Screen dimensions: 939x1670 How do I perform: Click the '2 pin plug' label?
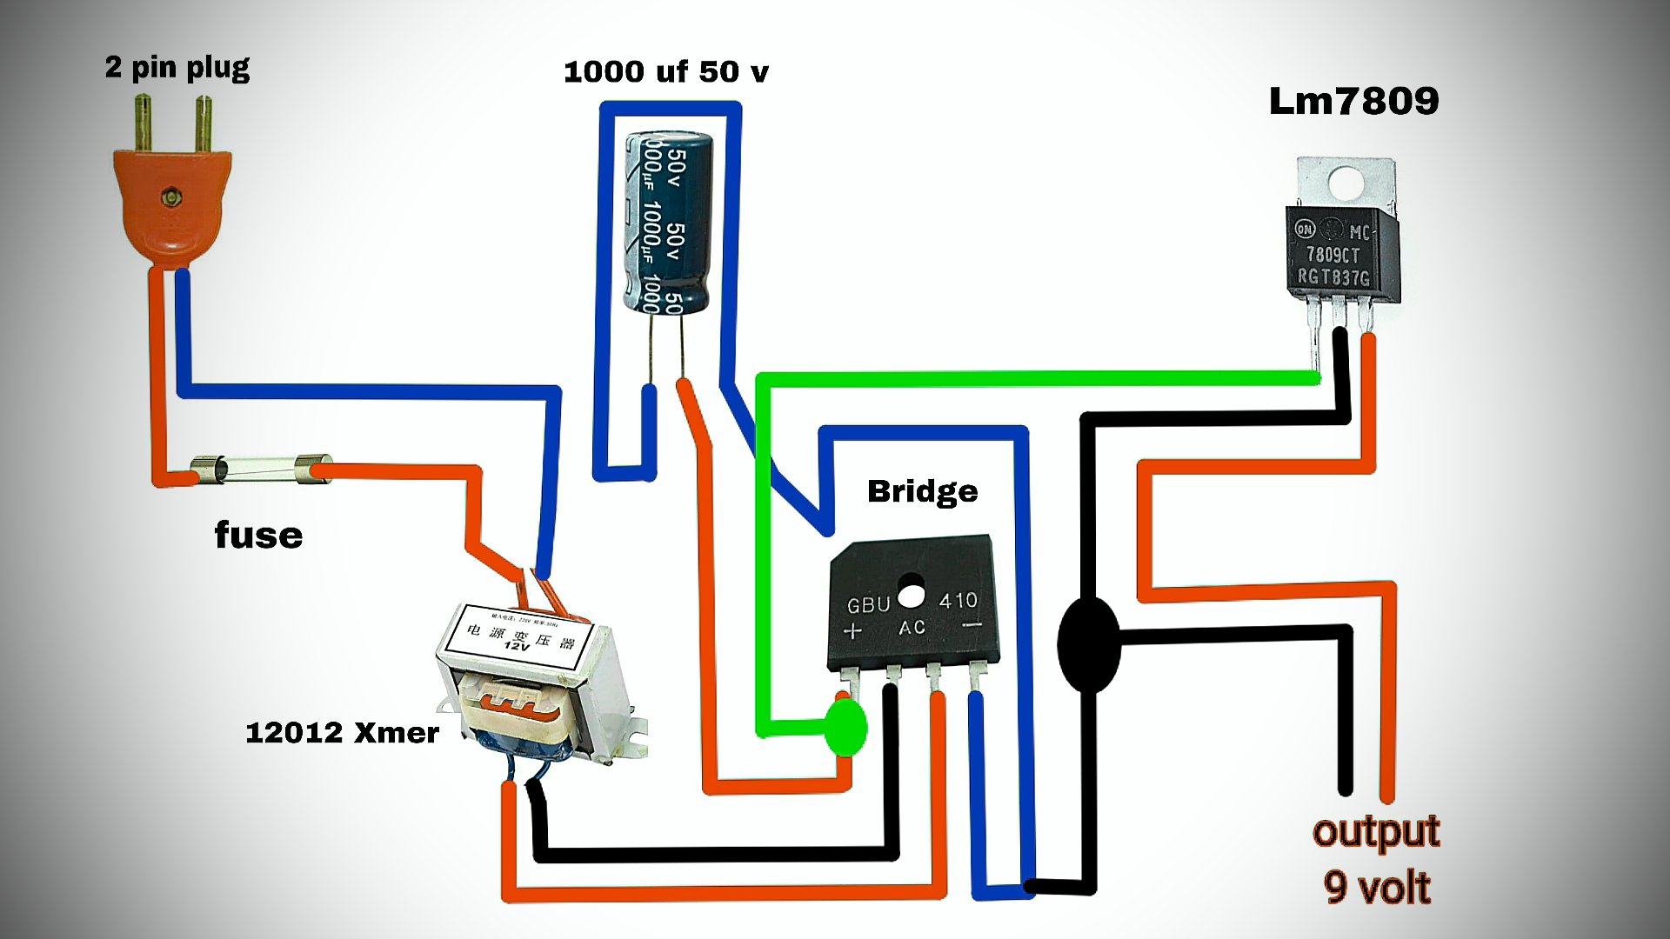click(x=177, y=67)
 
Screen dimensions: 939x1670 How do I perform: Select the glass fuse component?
click(x=260, y=469)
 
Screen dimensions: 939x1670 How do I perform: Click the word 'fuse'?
click(x=258, y=535)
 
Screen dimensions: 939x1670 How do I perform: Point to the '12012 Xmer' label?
click(x=342, y=732)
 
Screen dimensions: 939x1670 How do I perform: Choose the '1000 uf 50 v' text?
click(x=665, y=71)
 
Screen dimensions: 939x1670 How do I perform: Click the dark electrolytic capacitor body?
click(x=668, y=222)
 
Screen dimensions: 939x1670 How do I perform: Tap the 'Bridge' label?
click(x=922, y=491)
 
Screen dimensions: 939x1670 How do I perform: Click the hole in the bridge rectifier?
click(x=911, y=596)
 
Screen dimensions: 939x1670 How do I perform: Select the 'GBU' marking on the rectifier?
click(x=868, y=604)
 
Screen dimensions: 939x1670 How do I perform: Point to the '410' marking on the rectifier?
click(x=958, y=600)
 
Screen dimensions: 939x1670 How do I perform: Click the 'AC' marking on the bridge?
click(x=912, y=627)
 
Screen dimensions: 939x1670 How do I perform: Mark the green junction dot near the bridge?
click(x=845, y=727)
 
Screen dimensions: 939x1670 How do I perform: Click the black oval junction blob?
click(x=1088, y=643)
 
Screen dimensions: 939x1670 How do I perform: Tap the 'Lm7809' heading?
click(x=1353, y=101)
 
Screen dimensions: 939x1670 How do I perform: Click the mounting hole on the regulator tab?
click(x=1346, y=183)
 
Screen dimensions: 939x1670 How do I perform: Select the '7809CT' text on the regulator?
click(x=1333, y=254)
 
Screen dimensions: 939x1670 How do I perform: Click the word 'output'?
click(x=1376, y=831)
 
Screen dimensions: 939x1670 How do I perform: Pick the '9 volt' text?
click(x=1377, y=888)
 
